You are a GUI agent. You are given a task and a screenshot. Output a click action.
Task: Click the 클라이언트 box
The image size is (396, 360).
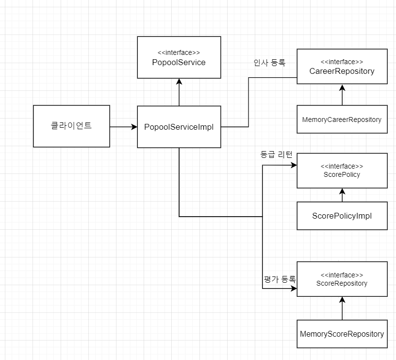click(71, 126)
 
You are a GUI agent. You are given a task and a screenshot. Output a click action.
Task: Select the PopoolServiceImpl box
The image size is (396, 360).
click(179, 127)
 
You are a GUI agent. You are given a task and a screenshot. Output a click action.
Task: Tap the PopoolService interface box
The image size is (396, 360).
click(179, 57)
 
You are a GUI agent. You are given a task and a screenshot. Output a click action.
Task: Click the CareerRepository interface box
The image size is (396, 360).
click(342, 67)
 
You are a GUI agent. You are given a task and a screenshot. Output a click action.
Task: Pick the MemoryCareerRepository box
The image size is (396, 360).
click(342, 120)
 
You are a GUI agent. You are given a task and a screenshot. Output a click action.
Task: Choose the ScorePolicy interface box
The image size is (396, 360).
click(342, 171)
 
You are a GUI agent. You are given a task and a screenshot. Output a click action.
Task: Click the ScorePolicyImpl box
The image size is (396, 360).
click(342, 216)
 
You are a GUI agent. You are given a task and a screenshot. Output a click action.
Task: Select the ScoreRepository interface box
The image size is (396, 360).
click(342, 279)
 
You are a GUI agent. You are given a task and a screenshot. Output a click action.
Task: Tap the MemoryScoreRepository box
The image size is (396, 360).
click(342, 334)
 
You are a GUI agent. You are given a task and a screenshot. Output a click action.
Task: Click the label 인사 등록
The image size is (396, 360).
click(269, 63)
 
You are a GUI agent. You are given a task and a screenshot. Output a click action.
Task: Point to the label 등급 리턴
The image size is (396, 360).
click(276, 155)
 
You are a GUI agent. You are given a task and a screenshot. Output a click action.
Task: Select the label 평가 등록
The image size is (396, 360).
click(280, 279)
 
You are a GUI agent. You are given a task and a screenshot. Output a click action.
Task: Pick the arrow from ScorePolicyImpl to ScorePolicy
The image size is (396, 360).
click(342, 195)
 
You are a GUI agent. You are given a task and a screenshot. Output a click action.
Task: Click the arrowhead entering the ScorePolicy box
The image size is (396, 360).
click(293, 166)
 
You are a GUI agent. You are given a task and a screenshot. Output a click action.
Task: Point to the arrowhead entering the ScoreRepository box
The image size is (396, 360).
click(293, 289)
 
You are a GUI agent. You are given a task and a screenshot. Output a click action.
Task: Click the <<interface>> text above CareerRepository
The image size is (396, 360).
click(342, 62)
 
